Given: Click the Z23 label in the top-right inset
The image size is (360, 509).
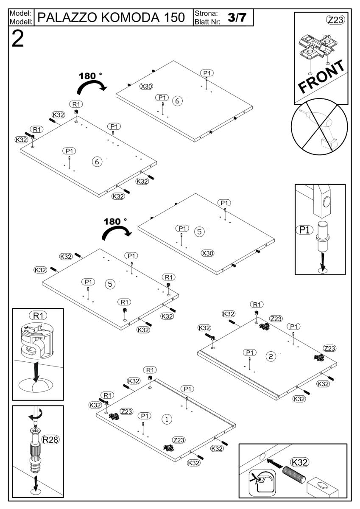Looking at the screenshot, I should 335,20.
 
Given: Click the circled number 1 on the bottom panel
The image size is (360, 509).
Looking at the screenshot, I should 167,419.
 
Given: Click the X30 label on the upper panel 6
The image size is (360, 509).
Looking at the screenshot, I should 146,86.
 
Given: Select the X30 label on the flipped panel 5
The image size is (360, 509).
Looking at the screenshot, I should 207,253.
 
